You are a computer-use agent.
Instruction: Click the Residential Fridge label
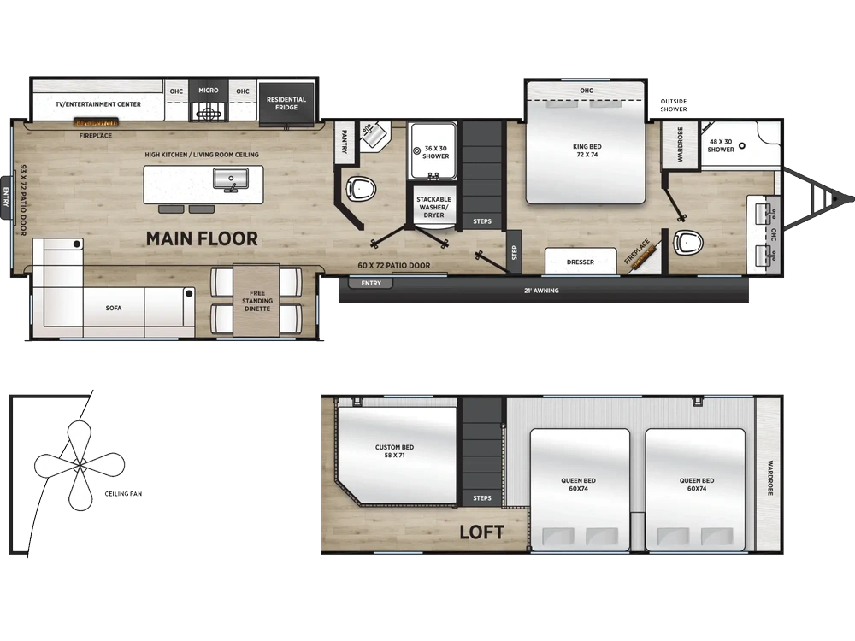286,103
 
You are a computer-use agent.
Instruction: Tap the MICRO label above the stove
209,91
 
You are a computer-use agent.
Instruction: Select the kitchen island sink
231,179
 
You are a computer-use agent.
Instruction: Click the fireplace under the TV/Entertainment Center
96,122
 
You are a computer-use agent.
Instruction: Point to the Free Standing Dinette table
256,300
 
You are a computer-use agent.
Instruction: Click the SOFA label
114,309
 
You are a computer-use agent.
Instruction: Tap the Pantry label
345,141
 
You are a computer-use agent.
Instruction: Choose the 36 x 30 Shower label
436,152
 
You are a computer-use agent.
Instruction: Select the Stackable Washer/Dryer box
433,203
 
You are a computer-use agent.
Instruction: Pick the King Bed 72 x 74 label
587,150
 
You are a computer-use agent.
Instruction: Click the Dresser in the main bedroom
581,261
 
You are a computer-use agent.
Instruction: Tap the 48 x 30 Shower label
721,145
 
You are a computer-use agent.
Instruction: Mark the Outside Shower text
674,105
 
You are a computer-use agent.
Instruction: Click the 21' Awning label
541,291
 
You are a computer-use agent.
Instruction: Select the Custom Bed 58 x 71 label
394,451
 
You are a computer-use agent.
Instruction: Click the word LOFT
481,532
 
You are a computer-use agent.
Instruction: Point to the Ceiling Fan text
123,494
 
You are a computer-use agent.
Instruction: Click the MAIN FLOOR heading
202,238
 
